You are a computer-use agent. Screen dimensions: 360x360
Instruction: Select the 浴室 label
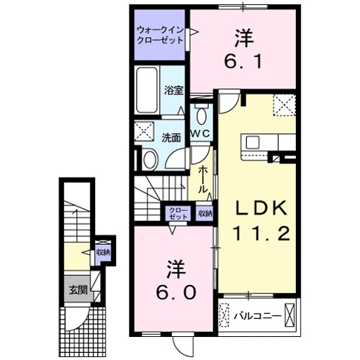[173, 91]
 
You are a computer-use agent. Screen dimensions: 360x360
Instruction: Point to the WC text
[200, 134]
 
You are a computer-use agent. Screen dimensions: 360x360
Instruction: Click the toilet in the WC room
[201, 115]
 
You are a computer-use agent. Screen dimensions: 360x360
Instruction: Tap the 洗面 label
[171, 137]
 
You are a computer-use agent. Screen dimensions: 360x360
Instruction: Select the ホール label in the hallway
[204, 177]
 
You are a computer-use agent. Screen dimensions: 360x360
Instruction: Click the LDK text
[263, 208]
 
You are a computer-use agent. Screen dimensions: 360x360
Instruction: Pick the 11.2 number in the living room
[262, 233]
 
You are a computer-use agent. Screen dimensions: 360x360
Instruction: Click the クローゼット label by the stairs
[179, 212]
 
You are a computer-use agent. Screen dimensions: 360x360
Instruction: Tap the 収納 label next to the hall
[205, 212]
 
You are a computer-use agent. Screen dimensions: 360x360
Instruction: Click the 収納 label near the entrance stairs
[104, 252]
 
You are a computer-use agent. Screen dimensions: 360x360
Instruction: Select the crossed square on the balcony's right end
[291, 315]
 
